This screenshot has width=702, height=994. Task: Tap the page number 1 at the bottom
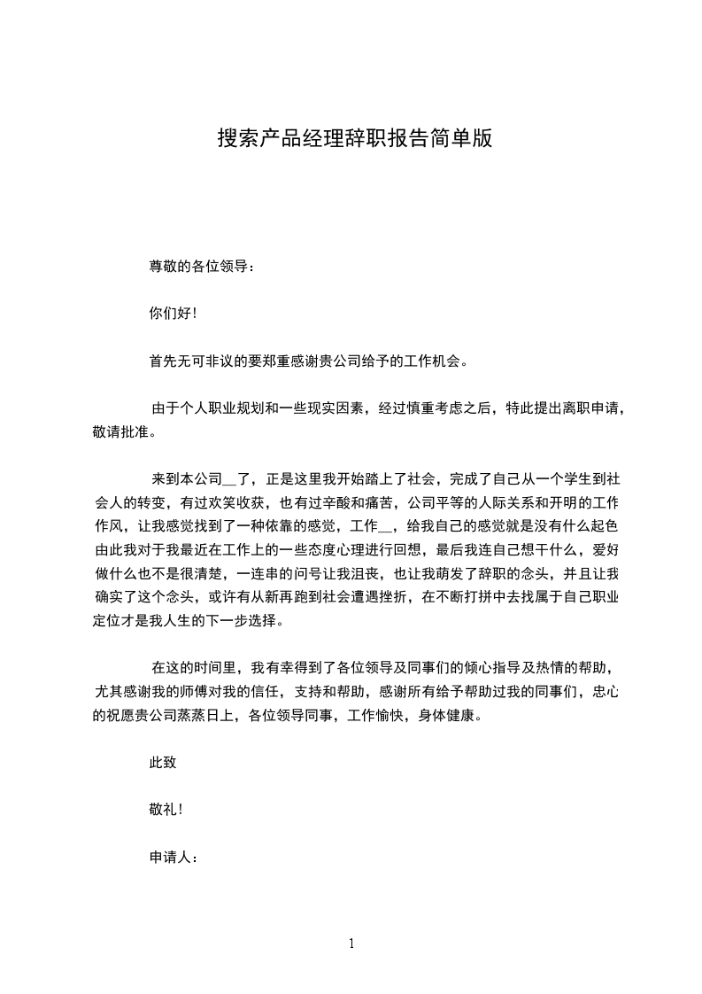[x=351, y=944]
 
